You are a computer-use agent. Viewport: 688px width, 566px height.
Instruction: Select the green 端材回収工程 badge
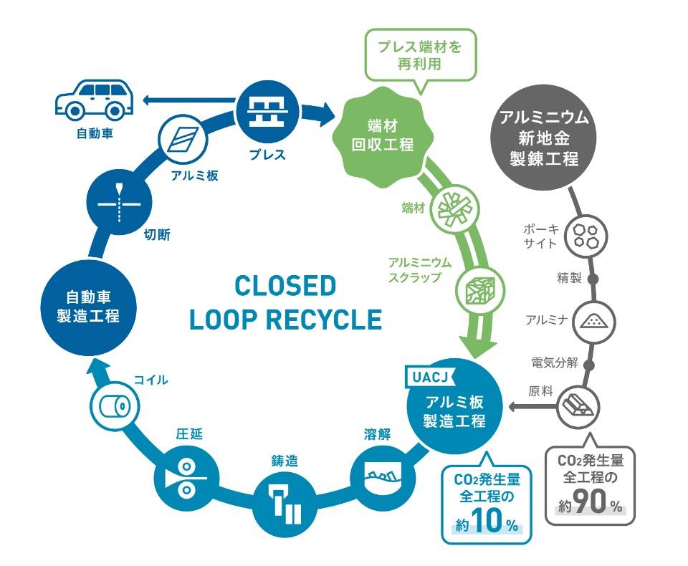382,133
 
